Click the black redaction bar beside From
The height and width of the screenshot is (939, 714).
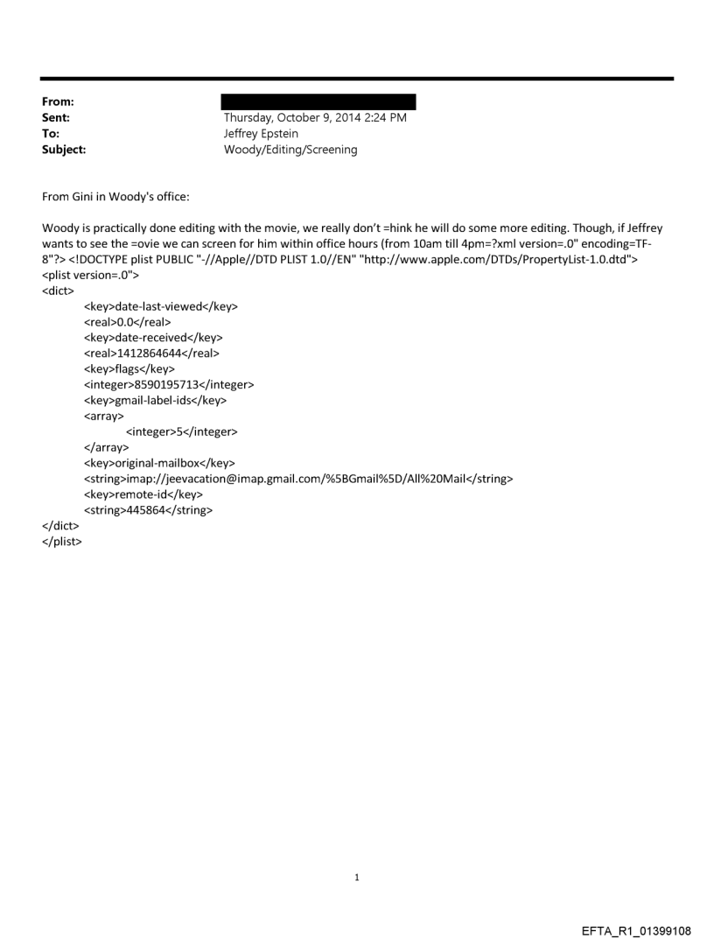[x=319, y=102]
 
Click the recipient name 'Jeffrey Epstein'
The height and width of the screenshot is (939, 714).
[x=262, y=134]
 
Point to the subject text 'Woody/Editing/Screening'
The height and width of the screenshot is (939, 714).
[x=290, y=150]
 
